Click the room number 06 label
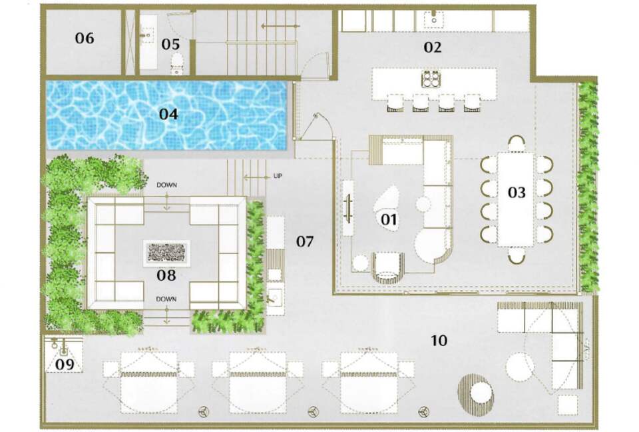click(x=84, y=38)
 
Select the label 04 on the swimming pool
click(x=168, y=114)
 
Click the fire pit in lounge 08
click(x=167, y=251)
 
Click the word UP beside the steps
click(x=278, y=177)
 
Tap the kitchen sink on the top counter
click(x=434, y=18)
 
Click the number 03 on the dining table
click(x=517, y=193)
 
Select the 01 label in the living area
click(x=389, y=218)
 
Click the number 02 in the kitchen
click(x=433, y=47)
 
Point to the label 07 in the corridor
click(x=304, y=241)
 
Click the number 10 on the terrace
click(x=439, y=341)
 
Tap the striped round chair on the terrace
click(x=475, y=393)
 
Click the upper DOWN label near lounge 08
click(x=166, y=185)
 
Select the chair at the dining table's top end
click(x=517, y=143)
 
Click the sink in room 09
click(x=64, y=347)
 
